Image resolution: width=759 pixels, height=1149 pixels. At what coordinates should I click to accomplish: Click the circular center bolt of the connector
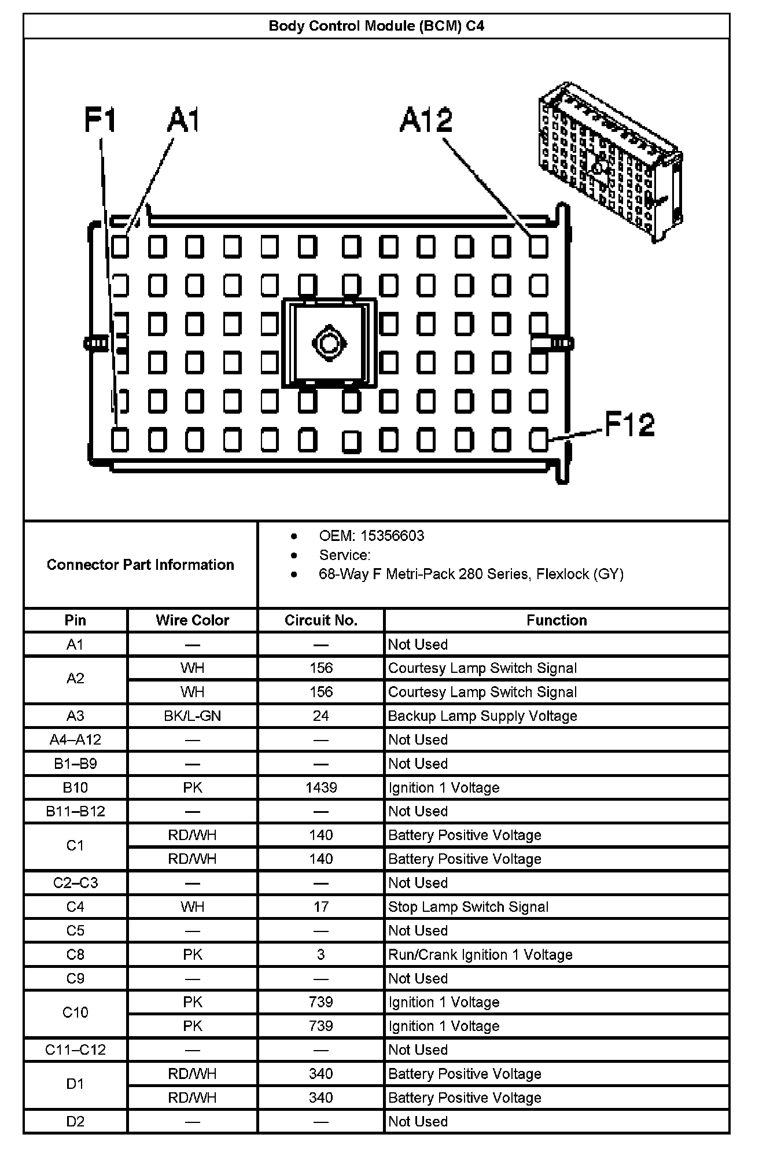[x=329, y=344]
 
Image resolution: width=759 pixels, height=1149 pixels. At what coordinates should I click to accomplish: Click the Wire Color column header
[x=192, y=620]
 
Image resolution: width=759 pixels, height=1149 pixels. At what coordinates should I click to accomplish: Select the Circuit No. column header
[x=321, y=620]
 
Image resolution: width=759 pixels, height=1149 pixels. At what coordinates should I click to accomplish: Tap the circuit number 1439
[x=321, y=787]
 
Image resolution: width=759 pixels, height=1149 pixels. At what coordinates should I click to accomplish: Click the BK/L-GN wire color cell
[x=192, y=716]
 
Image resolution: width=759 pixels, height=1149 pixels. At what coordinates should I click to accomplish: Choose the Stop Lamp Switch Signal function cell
[x=468, y=907]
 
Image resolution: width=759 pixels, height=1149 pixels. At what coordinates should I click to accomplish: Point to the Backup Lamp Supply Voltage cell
[x=482, y=716]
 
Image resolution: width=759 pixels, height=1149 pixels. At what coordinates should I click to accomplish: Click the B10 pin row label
[x=75, y=787]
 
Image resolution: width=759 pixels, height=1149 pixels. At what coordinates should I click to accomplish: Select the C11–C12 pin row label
[x=75, y=1049]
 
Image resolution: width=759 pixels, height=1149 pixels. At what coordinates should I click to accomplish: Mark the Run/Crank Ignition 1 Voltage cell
[x=480, y=955]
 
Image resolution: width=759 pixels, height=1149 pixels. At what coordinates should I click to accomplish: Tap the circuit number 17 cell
[x=321, y=907]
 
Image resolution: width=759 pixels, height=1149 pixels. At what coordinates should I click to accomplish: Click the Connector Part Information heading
[x=141, y=565]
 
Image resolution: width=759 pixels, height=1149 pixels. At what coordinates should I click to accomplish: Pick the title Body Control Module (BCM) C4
[x=377, y=26]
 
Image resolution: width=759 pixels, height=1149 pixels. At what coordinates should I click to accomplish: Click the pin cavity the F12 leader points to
[x=538, y=440]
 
